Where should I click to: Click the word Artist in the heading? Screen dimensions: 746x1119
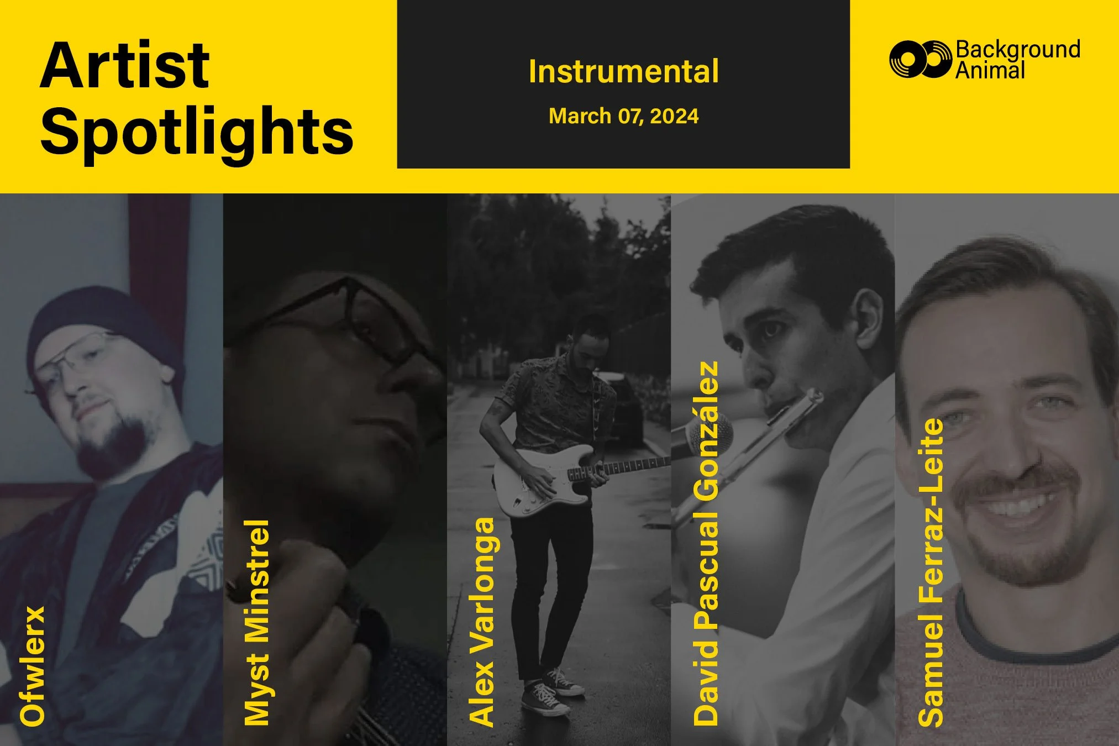click(125, 66)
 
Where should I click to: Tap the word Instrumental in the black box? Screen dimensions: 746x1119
click(623, 72)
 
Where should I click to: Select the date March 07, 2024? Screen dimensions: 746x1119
click(623, 117)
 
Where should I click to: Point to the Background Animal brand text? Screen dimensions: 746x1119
click(1017, 60)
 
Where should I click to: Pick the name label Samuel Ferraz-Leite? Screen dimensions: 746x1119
click(931, 572)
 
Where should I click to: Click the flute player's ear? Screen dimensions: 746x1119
click(868, 315)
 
